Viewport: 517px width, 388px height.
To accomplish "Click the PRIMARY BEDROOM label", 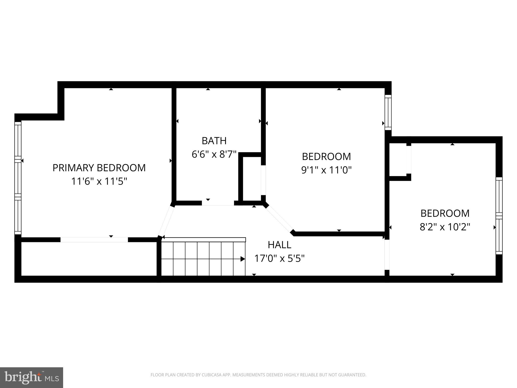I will [99, 168].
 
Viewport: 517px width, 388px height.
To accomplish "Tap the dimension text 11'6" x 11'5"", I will [99, 181].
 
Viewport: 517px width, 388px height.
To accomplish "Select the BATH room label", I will [214, 141].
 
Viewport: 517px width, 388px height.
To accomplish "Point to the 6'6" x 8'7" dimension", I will [214, 154].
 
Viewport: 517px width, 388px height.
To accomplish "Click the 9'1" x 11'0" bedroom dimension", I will [326, 170].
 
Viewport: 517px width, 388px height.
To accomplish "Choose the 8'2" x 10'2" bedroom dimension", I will [445, 227].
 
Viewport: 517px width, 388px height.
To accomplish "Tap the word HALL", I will [279, 245].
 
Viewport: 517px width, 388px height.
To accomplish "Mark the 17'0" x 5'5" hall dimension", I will [279, 258].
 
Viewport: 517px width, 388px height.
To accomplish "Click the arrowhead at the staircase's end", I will [243, 259].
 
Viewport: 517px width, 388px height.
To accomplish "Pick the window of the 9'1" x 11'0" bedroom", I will [388, 112].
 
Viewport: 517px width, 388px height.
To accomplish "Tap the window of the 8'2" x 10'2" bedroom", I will [499, 215].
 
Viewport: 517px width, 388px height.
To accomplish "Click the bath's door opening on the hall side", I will [218, 203].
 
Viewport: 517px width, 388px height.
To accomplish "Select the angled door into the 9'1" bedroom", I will [279, 219].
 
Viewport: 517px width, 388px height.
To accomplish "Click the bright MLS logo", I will [32, 377].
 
